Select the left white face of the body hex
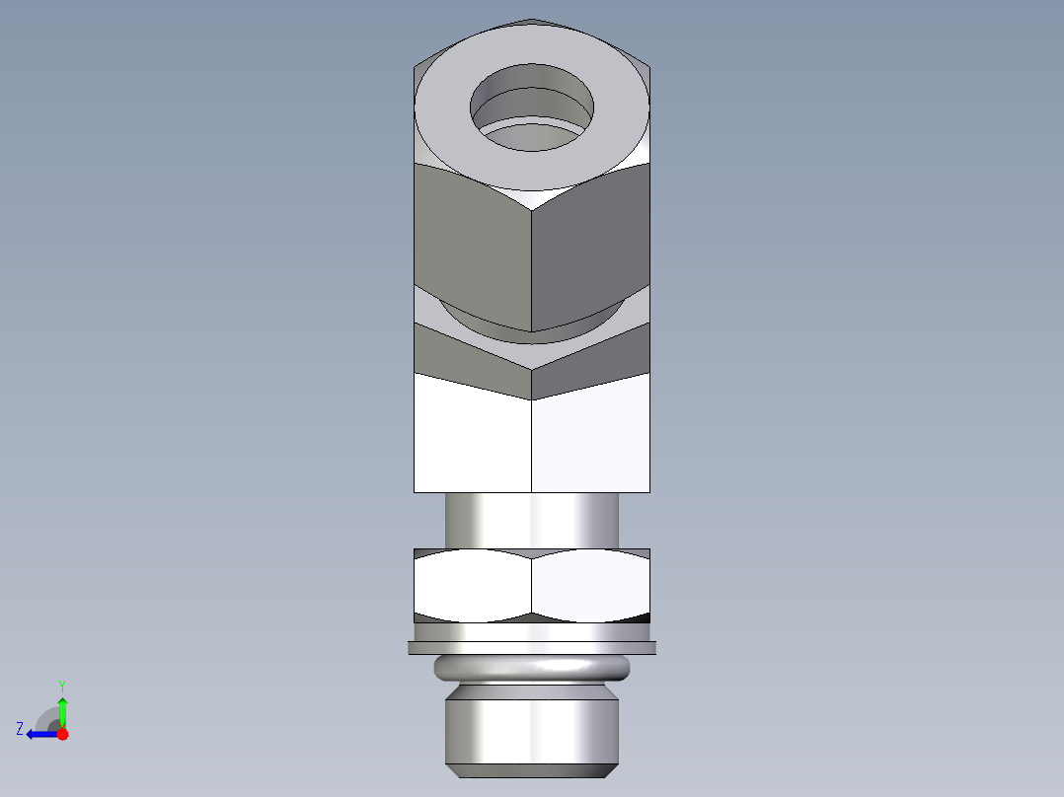coord(472,439)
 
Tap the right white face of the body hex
coord(590,439)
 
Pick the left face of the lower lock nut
coord(472,586)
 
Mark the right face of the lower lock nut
coord(590,586)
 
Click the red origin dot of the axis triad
coord(62,734)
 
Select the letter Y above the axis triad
coord(61,685)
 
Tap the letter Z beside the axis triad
coord(20,729)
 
